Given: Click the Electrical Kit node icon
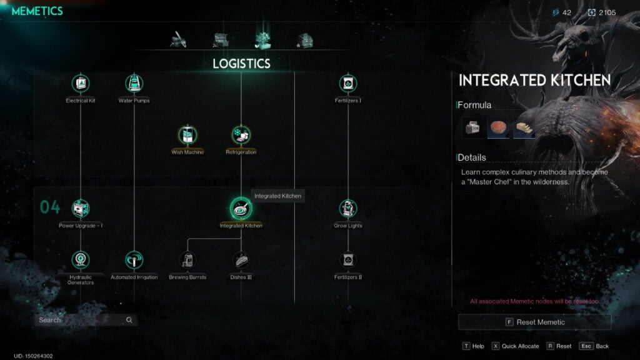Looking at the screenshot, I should (x=81, y=83).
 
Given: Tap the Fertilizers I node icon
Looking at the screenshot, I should (x=348, y=83).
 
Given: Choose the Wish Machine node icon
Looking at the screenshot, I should (x=187, y=134).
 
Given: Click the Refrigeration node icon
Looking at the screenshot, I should (x=241, y=134).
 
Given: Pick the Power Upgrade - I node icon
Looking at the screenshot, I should (x=81, y=208).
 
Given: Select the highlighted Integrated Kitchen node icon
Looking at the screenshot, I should (x=241, y=208).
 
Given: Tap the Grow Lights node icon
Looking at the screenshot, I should (x=348, y=208).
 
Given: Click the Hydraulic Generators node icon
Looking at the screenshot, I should (x=81, y=259).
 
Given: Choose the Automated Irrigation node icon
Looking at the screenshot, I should (x=134, y=259).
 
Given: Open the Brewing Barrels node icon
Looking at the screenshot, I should (x=187, y=259).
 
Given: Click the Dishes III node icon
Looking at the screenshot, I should (x=241, y=259).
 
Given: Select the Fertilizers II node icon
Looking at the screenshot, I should (x=348, y=259).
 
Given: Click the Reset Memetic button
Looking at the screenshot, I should (x=534, y=322).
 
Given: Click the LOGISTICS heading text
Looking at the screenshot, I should (x=241, y=64).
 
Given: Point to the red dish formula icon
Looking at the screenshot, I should (x=498, y=128).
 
